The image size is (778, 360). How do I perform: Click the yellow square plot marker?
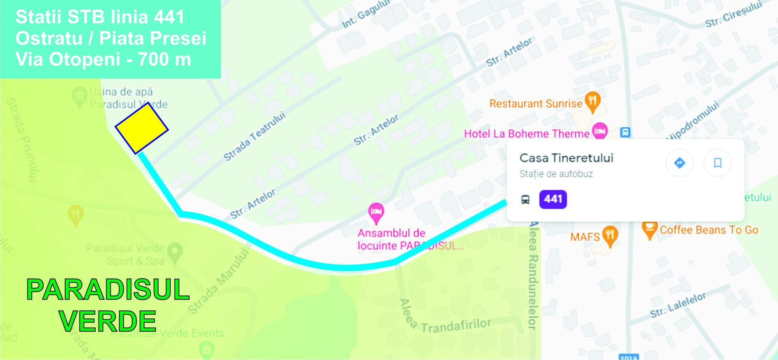tap(141, 128)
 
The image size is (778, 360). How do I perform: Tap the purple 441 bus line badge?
tap(553, 199)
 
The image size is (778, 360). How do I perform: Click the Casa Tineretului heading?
tap(566, 158)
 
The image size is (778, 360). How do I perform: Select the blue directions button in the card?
tap(679, 163)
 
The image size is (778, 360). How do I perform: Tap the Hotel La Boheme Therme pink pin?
tap(600, 131)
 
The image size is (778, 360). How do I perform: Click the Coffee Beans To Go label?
tap(709, 230)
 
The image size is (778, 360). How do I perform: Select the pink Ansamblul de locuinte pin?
tap(376, 212)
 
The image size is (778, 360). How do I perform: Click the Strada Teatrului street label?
tap(254, 136)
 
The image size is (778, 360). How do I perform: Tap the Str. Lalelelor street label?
tap(678, 305)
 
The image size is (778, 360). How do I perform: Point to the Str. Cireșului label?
tap(733, 15)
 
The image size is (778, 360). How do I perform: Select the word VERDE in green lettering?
tap(108, 321)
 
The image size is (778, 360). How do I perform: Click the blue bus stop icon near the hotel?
tap(625, 132)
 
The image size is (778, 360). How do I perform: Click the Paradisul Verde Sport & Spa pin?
tap(175, 252)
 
